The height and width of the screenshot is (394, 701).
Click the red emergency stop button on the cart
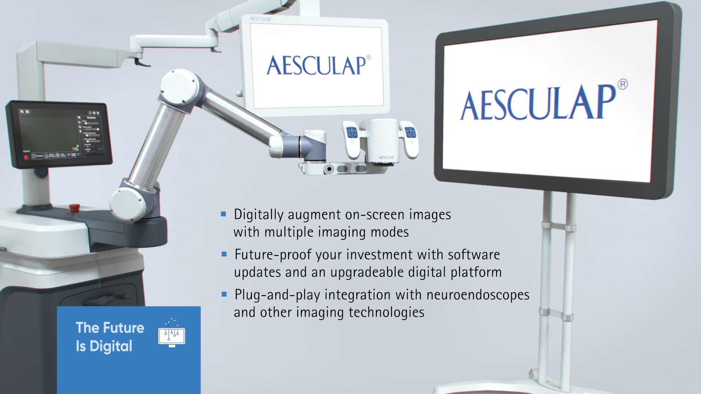pyautogui.click(x=73, y=208)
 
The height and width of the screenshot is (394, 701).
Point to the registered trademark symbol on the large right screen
pyautogui.click(x=623, y=84)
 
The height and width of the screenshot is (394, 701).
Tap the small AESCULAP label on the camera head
pyautogui.click(x=386, y=158)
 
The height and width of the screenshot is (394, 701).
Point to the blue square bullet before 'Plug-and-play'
pyautogui.click(x=224, y=294)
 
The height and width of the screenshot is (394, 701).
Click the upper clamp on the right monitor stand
pyautogui.click(x=558, y=228)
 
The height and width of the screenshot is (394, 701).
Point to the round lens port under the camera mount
pyautogui.click(x=329, y=169)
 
